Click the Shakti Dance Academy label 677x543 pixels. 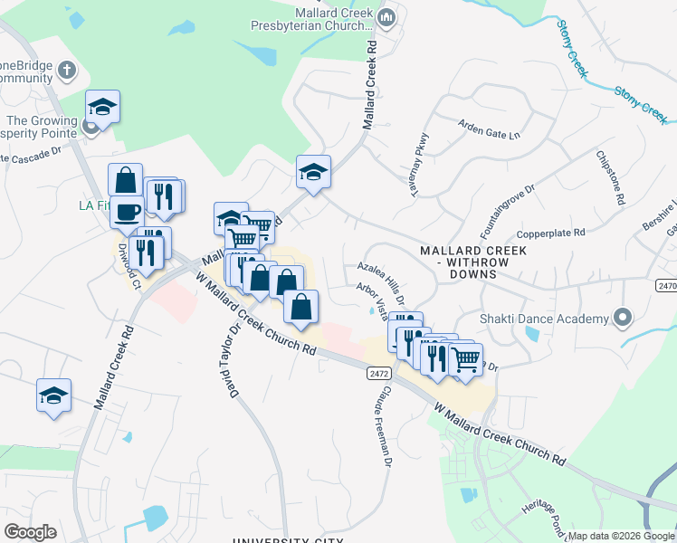click(543, 319)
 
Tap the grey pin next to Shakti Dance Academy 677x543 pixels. click(622, 318)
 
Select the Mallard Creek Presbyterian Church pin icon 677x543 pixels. click(386, 16)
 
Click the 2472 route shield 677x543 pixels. click(378, 373)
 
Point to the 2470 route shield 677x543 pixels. click(666, 285)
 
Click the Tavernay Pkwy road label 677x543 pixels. click(418, 159)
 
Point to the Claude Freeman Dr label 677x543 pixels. click(382, 424)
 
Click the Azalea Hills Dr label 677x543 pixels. click(380, 277)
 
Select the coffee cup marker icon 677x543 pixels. click(127, 212)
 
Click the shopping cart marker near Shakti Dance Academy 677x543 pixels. click(465, 359)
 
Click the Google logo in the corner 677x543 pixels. click(30, 531)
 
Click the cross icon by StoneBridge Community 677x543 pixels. click(65, 70)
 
